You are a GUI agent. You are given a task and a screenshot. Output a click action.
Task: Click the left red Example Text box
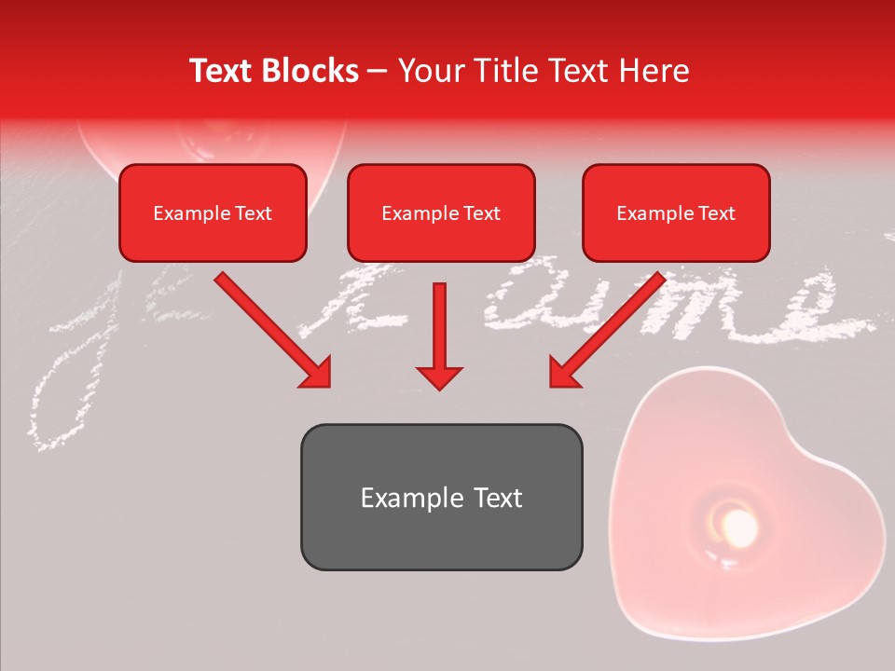coord(213,212)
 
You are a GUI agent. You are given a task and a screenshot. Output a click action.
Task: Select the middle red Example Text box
coord(441,212)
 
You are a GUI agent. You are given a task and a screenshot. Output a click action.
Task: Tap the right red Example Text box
coord(676,212)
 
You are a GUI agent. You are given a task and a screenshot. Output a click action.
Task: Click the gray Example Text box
coord(441,497)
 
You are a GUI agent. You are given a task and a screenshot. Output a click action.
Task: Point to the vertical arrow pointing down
coord(439,335)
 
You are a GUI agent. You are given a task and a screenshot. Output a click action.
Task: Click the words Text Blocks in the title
coord(273,71)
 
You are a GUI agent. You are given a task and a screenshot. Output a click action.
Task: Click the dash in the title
coord(378,72)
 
